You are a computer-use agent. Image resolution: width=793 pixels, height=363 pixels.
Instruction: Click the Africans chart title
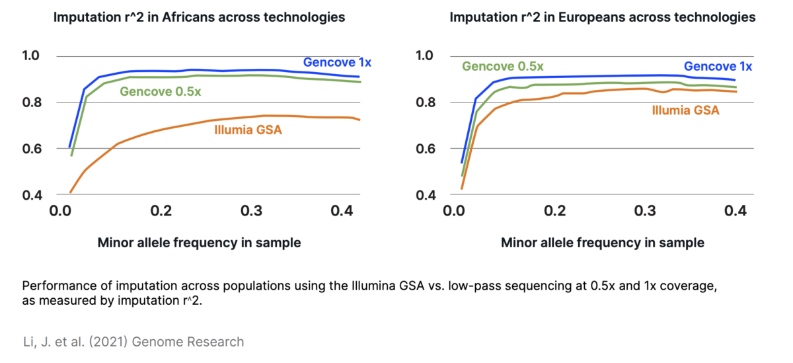pos(199,17)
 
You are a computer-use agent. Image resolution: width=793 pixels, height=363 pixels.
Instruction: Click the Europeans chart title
pos(602,17)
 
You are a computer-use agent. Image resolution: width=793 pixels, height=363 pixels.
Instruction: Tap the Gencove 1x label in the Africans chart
pos(337,62)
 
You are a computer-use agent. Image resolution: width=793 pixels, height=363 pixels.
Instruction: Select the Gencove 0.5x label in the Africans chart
pos(160,91)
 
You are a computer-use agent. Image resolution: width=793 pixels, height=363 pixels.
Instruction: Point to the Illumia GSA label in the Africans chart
pos(248,130)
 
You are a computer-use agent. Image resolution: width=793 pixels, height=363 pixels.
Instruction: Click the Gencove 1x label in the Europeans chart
pos(718,66)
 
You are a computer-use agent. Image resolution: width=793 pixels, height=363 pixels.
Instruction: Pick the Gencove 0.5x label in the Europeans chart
pos(503,66)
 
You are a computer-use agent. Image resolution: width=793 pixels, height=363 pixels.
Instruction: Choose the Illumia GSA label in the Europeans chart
pos(685,110)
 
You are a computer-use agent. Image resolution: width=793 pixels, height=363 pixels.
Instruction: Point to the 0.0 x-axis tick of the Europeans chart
pos(454,212)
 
